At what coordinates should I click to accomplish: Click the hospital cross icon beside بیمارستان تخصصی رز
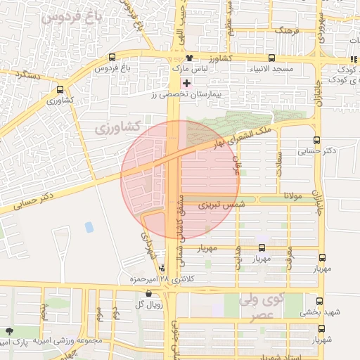[x=186, y=83]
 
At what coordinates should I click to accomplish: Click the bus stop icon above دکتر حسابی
[x=316, y=140]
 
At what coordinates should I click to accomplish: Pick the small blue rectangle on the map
[x=89, y=227]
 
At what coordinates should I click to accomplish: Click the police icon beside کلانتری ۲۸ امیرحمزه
[x=163, y=268]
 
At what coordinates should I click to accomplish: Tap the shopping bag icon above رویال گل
[x=148, y=293]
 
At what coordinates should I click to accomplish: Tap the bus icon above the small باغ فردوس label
[x=111, y=58]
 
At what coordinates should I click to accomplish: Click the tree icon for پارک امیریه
[x=9, y=331]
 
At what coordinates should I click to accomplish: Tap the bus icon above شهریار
[x=321, y=328]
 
